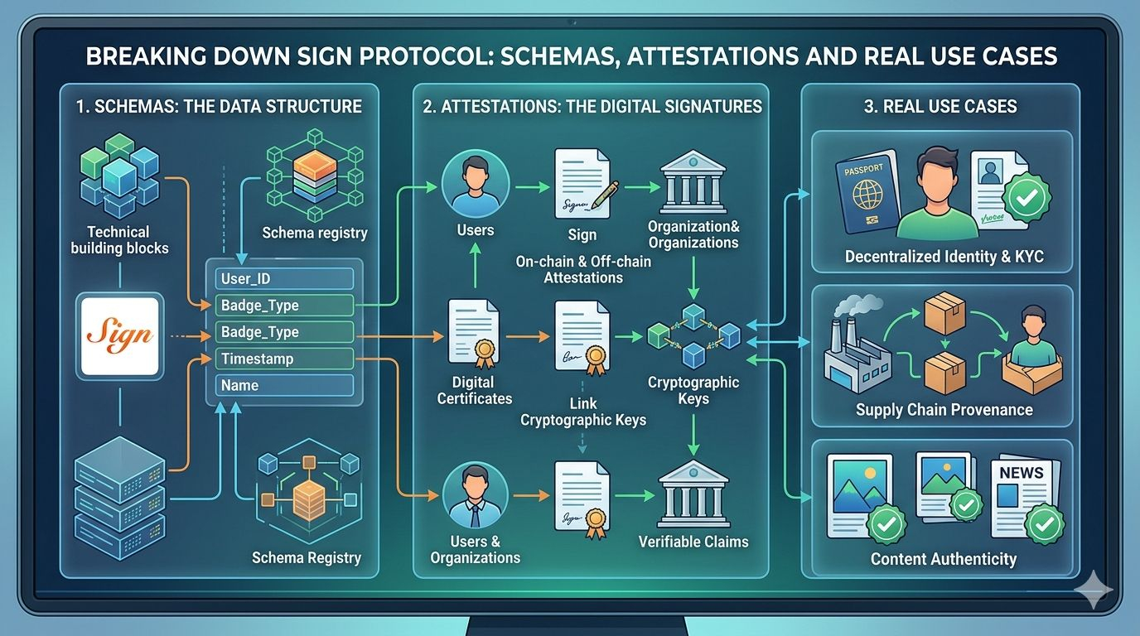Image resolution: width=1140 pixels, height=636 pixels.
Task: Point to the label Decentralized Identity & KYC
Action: (944, 257)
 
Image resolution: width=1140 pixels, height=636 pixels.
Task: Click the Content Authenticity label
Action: (943, 559)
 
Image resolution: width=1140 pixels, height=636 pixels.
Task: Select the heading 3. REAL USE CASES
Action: (940, 106)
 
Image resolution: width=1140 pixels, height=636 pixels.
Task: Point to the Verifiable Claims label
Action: (693, 542)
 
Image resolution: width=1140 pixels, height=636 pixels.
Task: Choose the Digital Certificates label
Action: (474, 390)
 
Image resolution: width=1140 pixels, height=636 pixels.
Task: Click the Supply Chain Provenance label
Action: (944, 410)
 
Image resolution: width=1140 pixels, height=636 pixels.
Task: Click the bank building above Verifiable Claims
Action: (693, 494)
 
